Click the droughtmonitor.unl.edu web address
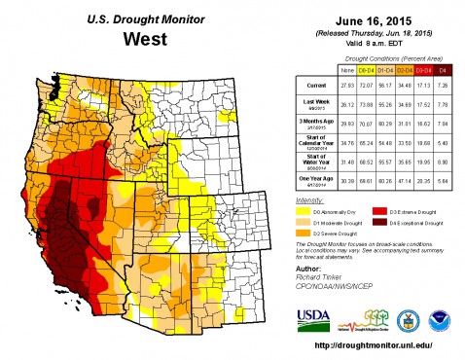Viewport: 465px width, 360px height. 372,347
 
